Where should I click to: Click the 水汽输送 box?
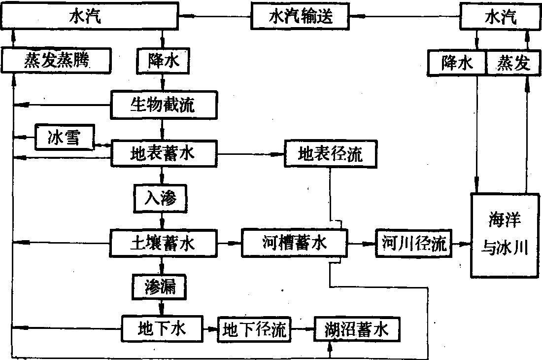pos(301,17)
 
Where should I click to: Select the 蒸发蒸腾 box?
pos(56,62)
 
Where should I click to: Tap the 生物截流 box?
pos(162,105)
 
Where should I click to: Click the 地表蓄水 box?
pos(162,154)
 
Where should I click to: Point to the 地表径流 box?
pos(330,155)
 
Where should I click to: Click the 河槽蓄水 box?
pos(294,243)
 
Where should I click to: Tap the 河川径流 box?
pos(413,243)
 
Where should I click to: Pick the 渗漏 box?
pos(160,286)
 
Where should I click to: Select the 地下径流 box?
pos(254,328)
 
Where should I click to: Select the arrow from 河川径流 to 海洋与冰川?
pos(461,244)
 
